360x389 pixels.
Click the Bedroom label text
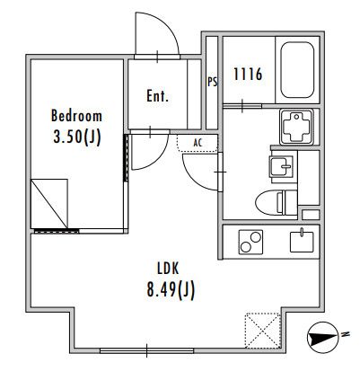click(x=76, y=116)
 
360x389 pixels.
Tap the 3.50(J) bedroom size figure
click(x=77, y=137)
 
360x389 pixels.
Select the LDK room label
click(x=168, y=269)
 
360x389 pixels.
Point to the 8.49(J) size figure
click(x=171, y=290)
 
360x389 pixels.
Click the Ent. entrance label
click(x=157, y=96)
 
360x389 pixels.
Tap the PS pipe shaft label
click(x=213, y=82)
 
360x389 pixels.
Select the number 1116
click(x=248, y=75)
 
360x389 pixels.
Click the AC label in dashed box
click(x=198, y=143)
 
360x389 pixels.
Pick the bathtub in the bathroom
click(x=297, y=70)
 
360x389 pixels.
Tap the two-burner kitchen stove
click(x=250, y=242)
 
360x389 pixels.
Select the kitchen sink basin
click(x=302, y=242)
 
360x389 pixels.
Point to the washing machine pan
click(x=296, y=127)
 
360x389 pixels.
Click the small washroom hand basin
click(x=281, y=167)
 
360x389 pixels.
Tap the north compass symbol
click(x=322, y=338)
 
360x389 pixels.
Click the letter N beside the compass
click(x=346, y=334)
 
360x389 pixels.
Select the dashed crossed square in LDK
click(x=263, y=331)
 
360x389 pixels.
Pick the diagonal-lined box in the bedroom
click(x=49, y=204)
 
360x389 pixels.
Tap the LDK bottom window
click(x=146, y=350)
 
